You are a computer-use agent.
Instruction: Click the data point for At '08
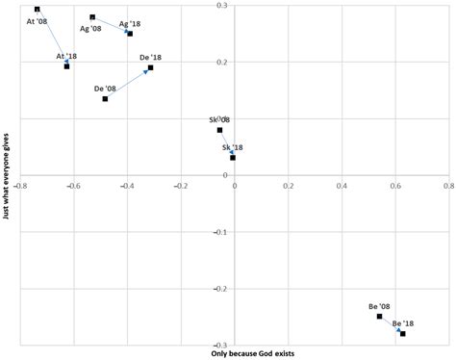tap(37, 10)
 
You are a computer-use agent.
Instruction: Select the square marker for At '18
tap(66, 65)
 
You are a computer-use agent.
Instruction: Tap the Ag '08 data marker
tap(92, 17)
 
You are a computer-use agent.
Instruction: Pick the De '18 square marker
tap(151, 67)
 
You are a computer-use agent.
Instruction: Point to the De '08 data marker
tap(105, 98)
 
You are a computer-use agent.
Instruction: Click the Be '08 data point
tap(380, 317)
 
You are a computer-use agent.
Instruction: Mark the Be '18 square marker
tap(403, 333)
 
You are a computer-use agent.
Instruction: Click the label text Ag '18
tap(130, 23)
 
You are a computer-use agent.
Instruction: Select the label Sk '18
tap(234, 147)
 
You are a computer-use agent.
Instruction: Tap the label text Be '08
tap(380, 306)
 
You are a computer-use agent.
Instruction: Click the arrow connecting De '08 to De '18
tap(128, 83)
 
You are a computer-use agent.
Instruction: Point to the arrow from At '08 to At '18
tap(52, 38)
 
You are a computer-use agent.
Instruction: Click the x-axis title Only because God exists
tap(253, 353)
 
